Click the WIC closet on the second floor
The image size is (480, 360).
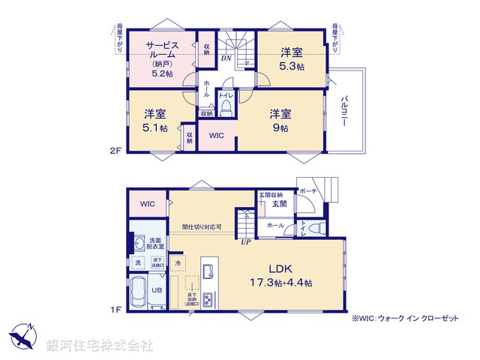(x=216, y=136)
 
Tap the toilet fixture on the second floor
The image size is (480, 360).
(x=226, y=110)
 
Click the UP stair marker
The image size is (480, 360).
(x=245, y=241)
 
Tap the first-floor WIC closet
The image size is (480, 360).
(x=147, y=202)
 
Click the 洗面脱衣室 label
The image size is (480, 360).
(x=156, y=243)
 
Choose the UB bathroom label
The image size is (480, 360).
(x=157, y=289)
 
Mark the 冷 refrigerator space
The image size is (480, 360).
(x=178, y=263)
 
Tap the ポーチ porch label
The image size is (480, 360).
(x=307, y=193)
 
